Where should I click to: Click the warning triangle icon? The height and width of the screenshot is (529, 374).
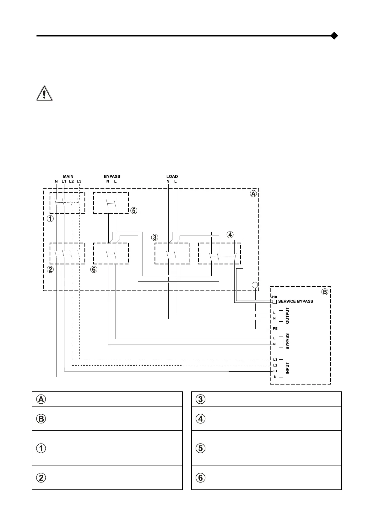click(44, 93)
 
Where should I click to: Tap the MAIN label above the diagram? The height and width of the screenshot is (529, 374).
click(68, 177)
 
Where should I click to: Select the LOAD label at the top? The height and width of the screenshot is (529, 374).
click(172, 177)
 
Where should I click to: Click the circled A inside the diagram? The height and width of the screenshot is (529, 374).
click(253, 194)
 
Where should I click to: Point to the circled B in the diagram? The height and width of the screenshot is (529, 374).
click(325, 292)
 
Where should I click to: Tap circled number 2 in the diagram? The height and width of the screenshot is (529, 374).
click(50, 269)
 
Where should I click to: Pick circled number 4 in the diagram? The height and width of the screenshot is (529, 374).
click(230, 235)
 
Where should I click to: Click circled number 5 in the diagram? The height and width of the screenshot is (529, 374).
click(134, 210)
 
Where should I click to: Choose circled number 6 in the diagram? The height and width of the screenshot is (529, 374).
click(94, 269)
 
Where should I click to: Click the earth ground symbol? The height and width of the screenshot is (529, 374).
click(255, 285)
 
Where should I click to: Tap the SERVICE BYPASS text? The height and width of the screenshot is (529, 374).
click(295, 301)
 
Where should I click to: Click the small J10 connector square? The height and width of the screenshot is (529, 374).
click(274, 302)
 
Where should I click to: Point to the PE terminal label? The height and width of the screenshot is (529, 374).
click(275, 329)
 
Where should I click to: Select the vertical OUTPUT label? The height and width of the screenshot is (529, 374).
click(287, 316)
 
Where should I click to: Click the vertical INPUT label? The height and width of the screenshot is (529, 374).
click(287, 368)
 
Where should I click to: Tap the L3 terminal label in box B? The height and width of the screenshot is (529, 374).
click(275, 359)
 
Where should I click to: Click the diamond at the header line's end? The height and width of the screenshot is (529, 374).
click(334, 36)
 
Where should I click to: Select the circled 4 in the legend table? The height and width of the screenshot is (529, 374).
click(201, 418)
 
